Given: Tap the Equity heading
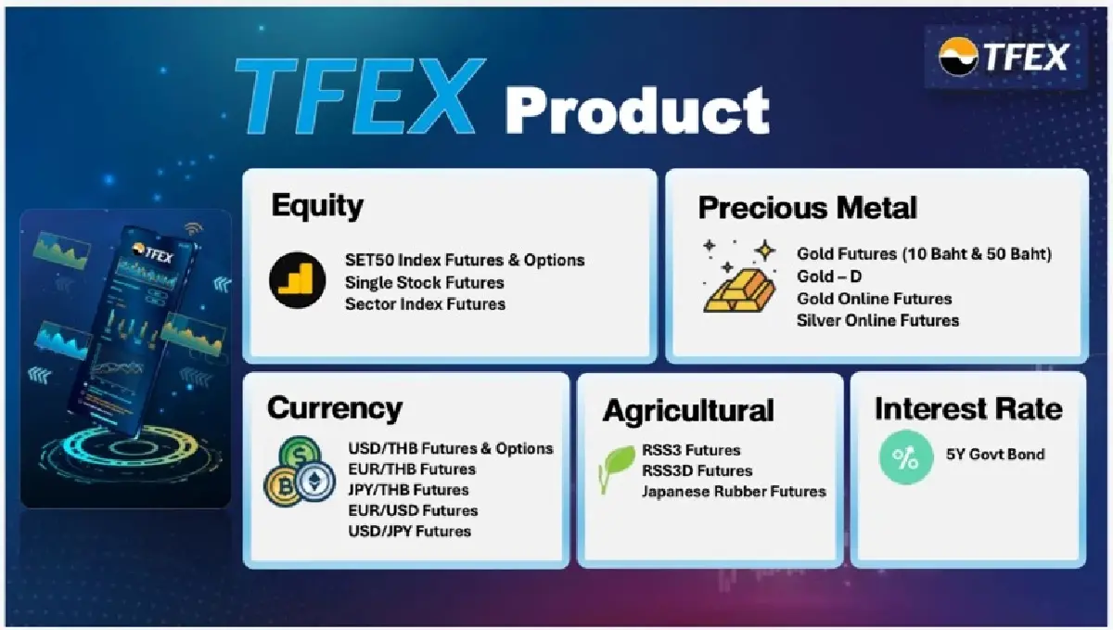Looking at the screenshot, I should click(317, 205).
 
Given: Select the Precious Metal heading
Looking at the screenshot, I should click(807, 207).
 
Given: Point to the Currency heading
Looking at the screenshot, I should click(335, 407).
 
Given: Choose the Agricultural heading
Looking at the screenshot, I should click(688, 410).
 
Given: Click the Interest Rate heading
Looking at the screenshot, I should click(967, 408).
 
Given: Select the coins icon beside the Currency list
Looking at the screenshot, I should click(299, 472).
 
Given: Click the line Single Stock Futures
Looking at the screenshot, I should click(424, 282).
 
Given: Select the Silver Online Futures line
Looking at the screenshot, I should click(877, 320).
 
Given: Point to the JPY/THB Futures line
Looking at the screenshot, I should click(408, 490).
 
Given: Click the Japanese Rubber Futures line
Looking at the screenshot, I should click(733, 491).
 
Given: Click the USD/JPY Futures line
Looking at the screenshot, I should click(409, 531).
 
